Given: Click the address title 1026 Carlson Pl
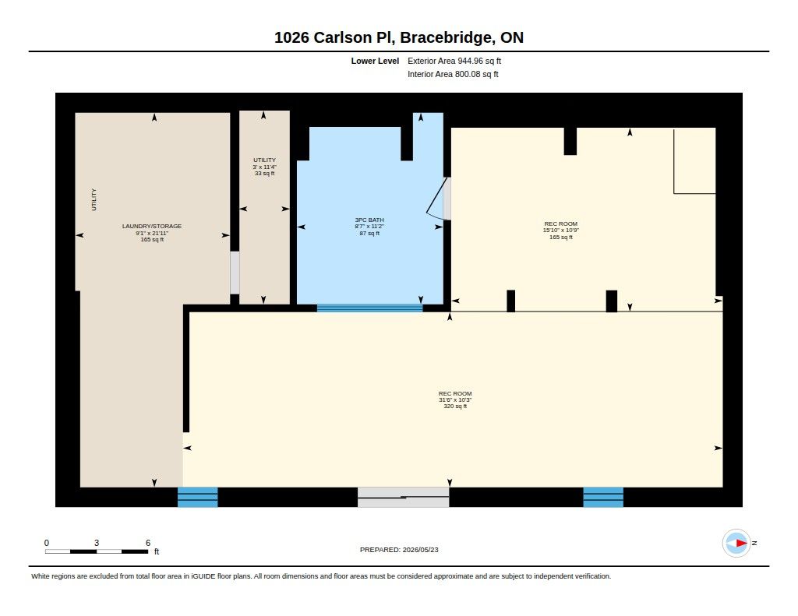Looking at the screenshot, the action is coord(334,37).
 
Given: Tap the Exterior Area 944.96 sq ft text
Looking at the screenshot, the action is coord(454,61).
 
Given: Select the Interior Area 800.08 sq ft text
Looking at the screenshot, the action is coord(453,74).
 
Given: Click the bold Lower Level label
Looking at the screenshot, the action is coord(375,61).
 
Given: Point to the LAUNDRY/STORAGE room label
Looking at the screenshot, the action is coord(152,227).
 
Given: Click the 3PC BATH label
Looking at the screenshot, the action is coord(369,220).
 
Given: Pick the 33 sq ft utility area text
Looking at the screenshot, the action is coord(265,174).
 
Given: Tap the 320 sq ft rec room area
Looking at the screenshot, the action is coord(455,407).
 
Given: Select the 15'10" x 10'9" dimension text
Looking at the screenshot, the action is coord(561,231).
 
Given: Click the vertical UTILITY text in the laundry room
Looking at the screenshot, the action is coord(94,199).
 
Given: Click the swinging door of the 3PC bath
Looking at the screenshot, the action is coord(436,199).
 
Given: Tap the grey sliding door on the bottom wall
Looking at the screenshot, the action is coord(403,497).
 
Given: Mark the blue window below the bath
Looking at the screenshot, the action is coord(369,308).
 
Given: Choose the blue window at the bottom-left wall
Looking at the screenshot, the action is coord(197,497).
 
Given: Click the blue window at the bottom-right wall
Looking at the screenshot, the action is coord(603,497).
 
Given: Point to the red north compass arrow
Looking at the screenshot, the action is coord(742,544).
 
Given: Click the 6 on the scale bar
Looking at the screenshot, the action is coord(148,543).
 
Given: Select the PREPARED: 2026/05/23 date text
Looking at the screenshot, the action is coord(399,550).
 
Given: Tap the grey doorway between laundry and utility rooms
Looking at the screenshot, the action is coord(235,273).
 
